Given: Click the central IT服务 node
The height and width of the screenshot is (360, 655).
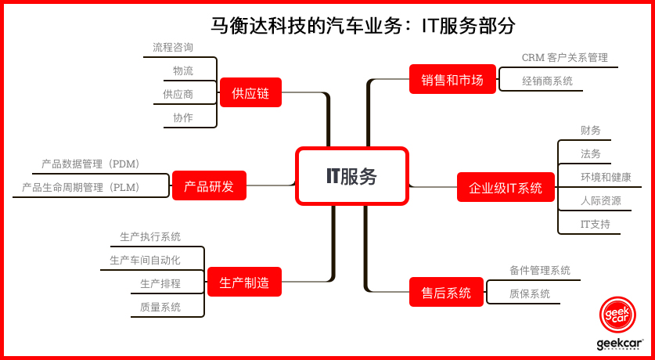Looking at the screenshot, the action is click(351, 176).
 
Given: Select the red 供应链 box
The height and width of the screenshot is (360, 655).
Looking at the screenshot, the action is click(250, 92).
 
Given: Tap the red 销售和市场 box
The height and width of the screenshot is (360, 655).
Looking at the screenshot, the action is click(452, 79).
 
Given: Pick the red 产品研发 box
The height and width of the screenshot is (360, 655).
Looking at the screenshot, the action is click(209, 185).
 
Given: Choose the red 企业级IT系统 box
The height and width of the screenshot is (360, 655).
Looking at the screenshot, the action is click(506, 187).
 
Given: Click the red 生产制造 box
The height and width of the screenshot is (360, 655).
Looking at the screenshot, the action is click(244, 282).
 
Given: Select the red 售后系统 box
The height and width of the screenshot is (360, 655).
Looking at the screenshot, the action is click(446, 292).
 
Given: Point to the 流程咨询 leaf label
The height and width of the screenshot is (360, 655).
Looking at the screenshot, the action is click(173, 47).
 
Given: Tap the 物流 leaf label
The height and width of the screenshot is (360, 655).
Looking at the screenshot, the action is click(183, 70).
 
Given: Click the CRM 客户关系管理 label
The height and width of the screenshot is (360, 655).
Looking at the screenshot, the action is click(565, 57).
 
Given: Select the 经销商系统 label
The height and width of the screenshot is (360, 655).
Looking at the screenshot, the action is click(547, 81).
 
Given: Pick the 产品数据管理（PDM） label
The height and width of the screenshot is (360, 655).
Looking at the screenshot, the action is click(90, 164).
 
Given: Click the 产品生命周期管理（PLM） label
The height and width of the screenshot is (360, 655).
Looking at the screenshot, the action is click(81, 188).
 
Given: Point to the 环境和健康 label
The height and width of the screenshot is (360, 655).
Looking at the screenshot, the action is click(606, 177).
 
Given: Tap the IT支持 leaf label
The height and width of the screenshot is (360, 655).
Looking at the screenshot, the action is click(596, 224).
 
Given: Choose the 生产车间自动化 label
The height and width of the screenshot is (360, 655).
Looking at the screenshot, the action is click(146, 260).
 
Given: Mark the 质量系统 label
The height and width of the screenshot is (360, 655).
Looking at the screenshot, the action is click(160, 307).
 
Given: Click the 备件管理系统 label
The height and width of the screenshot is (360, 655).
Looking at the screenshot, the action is click(540, 270).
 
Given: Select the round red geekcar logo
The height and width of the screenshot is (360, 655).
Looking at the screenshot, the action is click(617, 314).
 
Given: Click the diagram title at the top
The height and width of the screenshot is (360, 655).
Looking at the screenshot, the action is click(362, 26).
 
